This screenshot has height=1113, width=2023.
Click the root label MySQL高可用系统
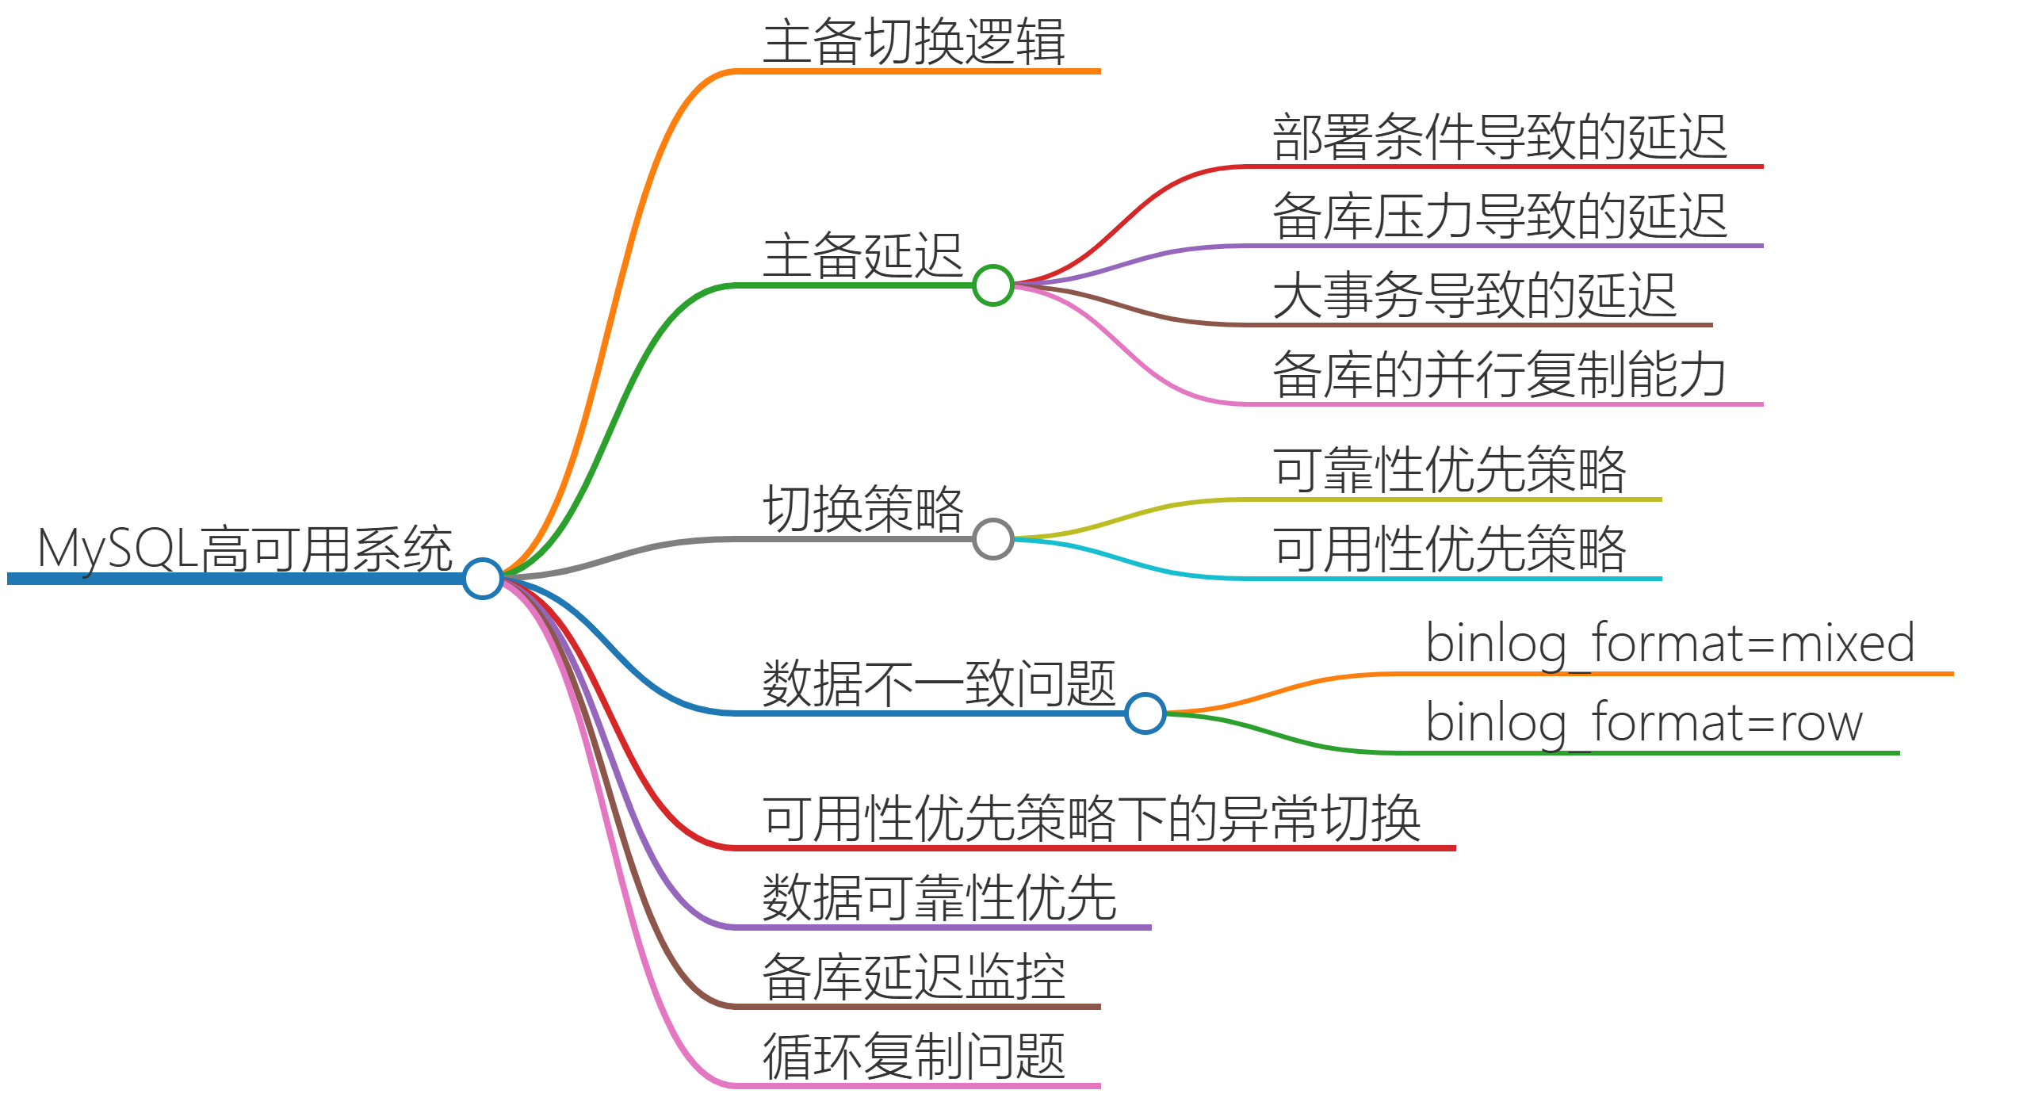(x=245, y=549)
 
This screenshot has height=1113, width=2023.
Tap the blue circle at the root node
(x=483, y=579)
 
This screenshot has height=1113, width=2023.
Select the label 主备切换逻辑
(x=914, y=42)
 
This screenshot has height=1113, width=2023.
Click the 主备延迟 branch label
(x=862, y=256)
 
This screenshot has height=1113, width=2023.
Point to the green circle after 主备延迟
(x=992, y=285)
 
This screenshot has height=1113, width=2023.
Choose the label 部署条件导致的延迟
(x=1499, y=137)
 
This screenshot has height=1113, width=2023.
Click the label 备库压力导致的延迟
(x=1499, y=216)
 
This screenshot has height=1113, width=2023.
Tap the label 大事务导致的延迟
(x=1474, y=296)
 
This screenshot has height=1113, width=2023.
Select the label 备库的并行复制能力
(x=1499, y=375)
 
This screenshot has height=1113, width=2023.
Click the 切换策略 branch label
(x=862, y=509)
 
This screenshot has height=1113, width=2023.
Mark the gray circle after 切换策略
(x=992, y=539)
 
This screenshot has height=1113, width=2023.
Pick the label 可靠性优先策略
(x=1449, y=470)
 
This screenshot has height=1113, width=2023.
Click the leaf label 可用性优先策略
(x=1449, y=549)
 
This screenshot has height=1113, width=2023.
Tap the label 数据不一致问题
(x=939, y=683)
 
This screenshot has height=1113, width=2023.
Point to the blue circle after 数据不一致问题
(x=1145, y=713)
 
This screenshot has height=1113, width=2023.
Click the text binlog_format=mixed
(x=1669, y=644)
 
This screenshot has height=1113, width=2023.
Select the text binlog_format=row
(x=1643, y=723)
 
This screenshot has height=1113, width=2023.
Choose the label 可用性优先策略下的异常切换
(x=1091, y=818)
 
